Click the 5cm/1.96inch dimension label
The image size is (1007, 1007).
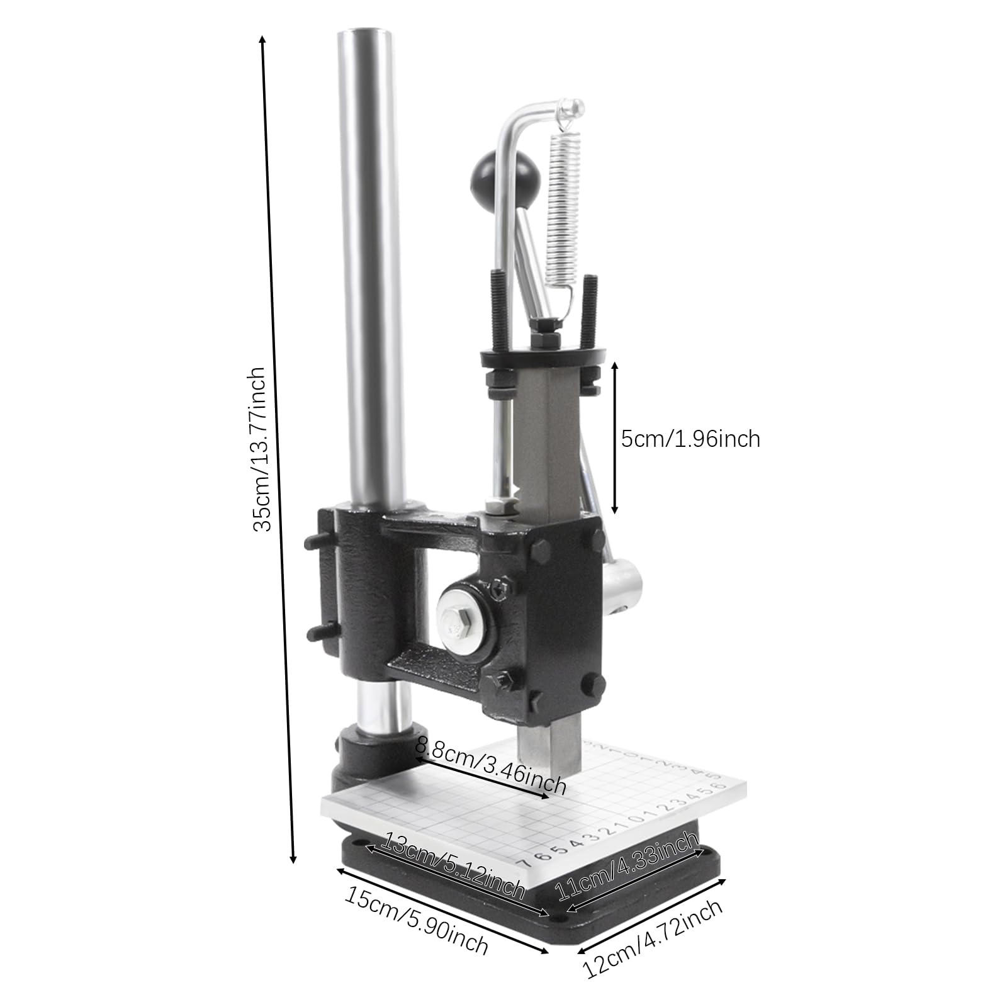tap(690, 439)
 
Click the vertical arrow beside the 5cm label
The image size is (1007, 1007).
tap(615, 438)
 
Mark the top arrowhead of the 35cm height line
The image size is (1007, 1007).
tap(263, 39)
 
